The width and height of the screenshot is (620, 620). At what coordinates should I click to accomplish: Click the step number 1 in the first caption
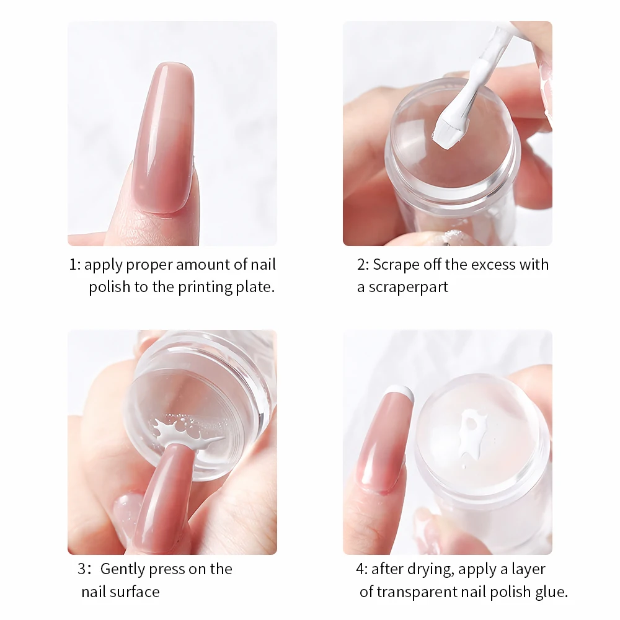(x=73, y=265)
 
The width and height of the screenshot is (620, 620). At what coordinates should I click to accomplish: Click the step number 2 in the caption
(x=361, y=265)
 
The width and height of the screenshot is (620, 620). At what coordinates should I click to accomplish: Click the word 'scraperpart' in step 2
(x=408, y=288)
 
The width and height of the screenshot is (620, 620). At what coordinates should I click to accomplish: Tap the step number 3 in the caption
(x=82, y=569)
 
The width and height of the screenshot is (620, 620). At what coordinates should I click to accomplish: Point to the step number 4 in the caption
(x=361, y=569)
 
